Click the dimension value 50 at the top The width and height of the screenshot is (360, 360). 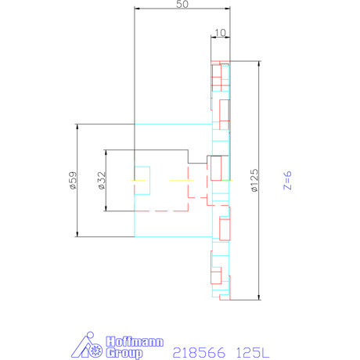tap(182, 5)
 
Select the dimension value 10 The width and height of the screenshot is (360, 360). tap(220, 32)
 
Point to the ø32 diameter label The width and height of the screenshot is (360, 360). tap(101, 181)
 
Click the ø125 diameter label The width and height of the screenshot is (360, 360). tap(254, 181)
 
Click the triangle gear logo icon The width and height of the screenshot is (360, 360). tap(87, 345)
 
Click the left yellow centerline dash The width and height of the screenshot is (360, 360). tap(139, 182)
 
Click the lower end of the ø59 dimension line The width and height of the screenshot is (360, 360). tap(77, 237)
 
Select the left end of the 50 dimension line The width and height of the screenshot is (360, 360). tap(135, 9)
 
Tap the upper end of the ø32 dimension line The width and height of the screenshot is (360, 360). tap(105, 149)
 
